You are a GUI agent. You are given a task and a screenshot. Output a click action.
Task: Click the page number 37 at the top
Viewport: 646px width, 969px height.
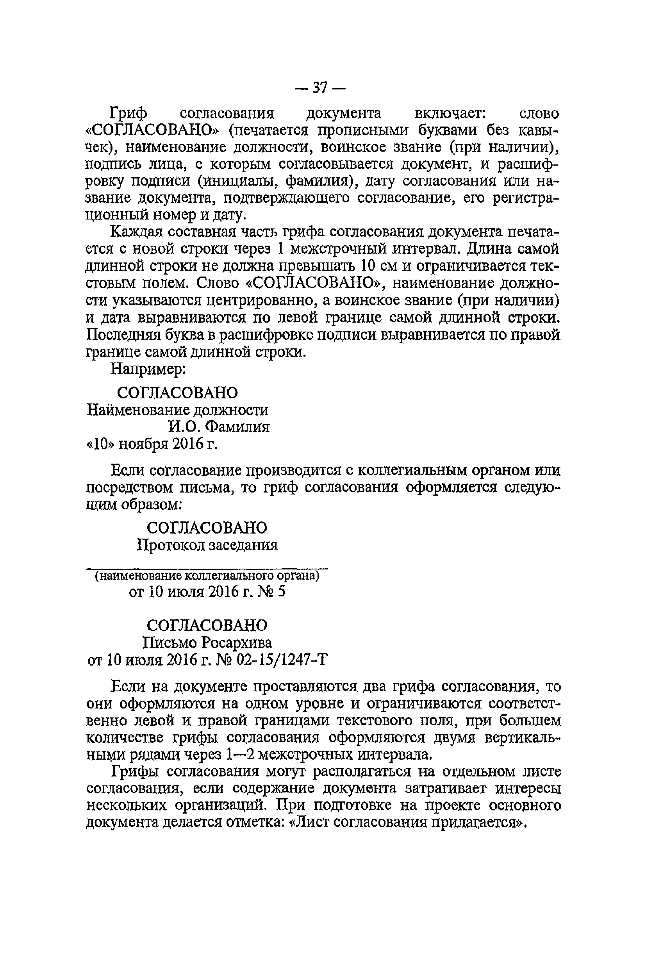320,88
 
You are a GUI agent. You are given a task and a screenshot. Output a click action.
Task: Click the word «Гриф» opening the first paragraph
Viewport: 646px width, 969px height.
129,113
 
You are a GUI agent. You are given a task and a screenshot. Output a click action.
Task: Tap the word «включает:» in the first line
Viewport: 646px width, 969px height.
445,113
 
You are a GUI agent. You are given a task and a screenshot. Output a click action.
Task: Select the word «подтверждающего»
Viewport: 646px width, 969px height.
286,198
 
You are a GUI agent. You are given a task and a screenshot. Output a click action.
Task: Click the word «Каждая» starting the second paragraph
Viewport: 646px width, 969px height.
136,232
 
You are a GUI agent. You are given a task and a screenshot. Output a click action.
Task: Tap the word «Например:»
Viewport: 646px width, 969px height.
149,369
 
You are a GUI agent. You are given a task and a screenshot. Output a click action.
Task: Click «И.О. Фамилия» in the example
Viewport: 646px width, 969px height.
219,427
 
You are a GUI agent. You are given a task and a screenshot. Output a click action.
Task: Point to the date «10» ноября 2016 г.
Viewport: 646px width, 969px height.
151,444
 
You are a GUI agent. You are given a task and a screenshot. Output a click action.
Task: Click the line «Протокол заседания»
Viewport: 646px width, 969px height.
207,545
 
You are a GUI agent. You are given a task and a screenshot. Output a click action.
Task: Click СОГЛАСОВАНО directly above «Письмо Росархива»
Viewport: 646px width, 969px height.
207,625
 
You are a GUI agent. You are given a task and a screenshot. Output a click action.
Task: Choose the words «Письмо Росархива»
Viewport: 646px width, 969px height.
207,643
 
